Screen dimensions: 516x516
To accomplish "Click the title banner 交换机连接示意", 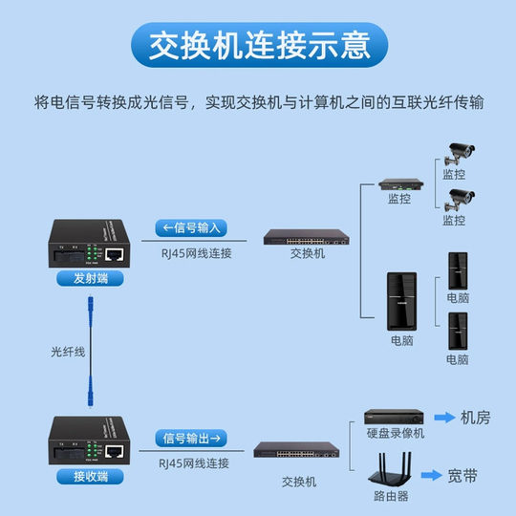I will pos(258,45).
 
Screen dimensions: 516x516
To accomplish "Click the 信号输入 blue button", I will pos(191,227).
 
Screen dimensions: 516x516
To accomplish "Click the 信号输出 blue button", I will pos(191,438).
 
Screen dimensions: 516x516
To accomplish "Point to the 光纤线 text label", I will pos(69,351).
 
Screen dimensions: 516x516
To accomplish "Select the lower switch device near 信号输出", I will pos(298,448).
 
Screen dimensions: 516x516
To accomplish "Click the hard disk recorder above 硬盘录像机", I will pos(394,418).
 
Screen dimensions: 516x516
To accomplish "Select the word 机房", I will pos(477,418).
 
